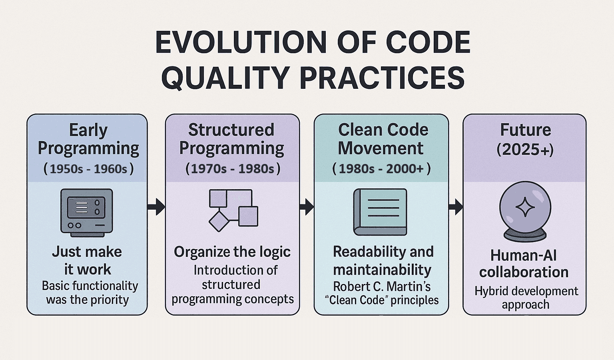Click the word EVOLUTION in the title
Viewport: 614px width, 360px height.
[x=241, y=42]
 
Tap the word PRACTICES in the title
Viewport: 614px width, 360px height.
[x=382, y=77]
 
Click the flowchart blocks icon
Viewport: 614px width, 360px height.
[x=233, y=210]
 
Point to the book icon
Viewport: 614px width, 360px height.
[x=380, y=212]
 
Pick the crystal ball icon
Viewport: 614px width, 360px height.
[x=525, y=212]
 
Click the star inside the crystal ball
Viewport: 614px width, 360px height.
[x=525, y=207]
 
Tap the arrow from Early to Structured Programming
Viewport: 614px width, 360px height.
[x=156, y=207]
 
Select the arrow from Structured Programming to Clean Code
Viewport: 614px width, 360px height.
[x=307, y=207]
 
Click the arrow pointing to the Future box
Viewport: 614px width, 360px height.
[x=456, y=207]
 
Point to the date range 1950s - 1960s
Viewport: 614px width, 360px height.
[x=88, y=169]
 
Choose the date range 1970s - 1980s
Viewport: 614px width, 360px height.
[x=233, y=169]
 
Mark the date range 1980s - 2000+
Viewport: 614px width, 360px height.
[x=381, y=169]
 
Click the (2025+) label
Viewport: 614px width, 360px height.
[x=525, y=150]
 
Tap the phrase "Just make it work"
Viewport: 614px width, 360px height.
[x=87, y=260]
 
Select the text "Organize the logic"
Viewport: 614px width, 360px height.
[x=232, y=252]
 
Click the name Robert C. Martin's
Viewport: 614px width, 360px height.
[x=382, y=286]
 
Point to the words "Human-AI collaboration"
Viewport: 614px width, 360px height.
[x=524, y=264]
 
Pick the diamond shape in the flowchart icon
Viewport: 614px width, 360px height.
[x=219, y=222]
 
